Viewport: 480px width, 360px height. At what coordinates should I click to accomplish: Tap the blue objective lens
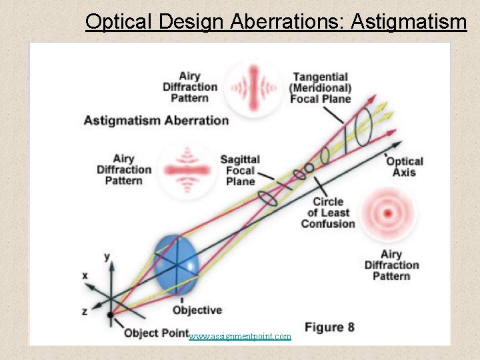coord(176,265)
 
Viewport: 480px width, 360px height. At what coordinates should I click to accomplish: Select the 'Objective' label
coord(197,310)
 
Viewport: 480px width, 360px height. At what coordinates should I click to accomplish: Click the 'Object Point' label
coord(156,333)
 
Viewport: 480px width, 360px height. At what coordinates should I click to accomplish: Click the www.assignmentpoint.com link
coord(240,337)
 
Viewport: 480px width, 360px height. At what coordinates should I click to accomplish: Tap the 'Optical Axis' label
coord(404,167)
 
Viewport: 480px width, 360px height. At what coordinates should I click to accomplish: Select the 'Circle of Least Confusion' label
coord(327,213)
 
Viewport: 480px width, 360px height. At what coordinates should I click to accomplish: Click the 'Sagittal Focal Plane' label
coord(240,170)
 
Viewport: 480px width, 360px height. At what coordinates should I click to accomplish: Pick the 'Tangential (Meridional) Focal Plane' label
coord(320,88)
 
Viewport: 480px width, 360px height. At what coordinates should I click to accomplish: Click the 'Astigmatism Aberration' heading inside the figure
coord(156,121)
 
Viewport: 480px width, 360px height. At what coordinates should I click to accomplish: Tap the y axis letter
coord(107,255)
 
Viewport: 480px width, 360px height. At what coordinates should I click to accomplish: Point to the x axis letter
coord(85,275)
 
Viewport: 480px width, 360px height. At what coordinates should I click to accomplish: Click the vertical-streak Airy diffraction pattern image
coord(254,86)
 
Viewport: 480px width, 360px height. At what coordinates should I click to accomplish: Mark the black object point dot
coord(110,313)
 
